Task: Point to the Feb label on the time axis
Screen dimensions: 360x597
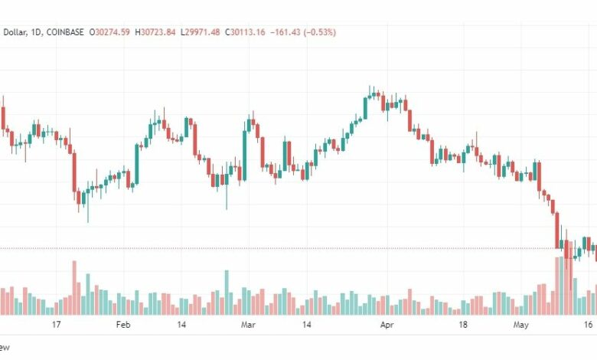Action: (123, 325)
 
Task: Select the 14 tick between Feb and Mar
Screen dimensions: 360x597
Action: (181, 325)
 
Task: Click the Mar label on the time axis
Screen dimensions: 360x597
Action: (248, 325)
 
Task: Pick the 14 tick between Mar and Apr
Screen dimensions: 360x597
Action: (306, 325)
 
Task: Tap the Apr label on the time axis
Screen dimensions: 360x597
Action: (387, 325)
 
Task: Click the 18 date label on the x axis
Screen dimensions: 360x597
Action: (463, 325)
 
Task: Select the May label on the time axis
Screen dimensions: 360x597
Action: (521, 325)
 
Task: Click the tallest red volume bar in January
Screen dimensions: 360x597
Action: (74, 288)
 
